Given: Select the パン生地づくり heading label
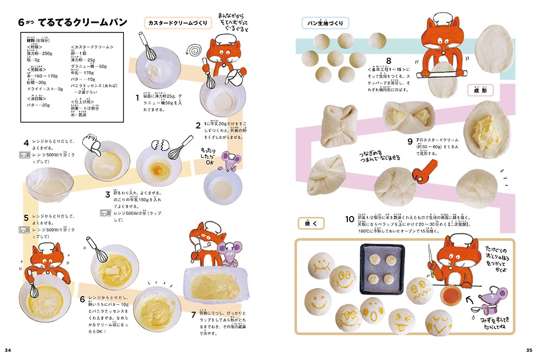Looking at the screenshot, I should click(325, 23).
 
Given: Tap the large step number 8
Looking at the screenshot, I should click(388, 61).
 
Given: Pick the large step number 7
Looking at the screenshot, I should click(194, 313).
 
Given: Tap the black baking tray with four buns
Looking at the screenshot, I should click(382, 266).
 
